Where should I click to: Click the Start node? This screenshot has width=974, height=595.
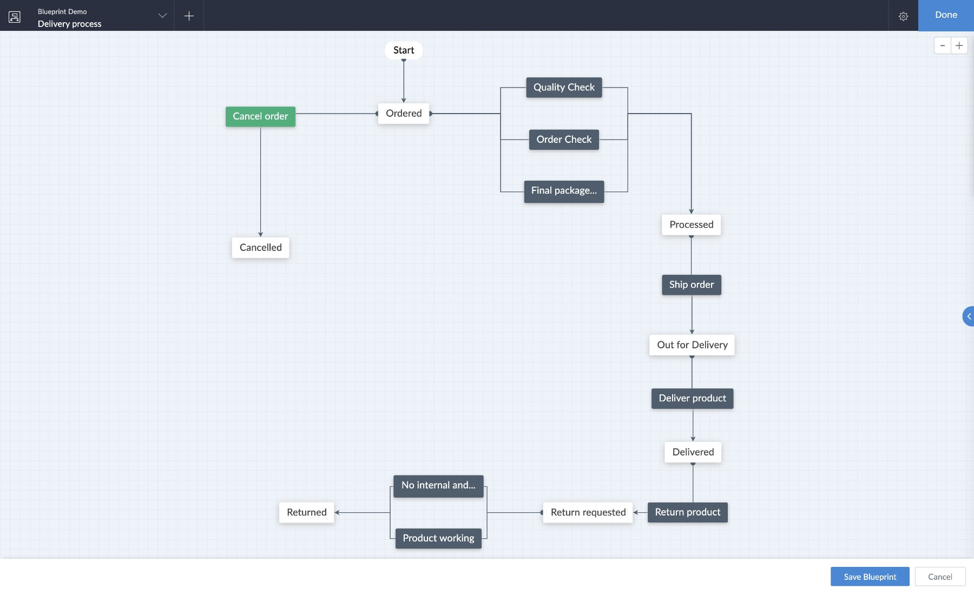click(404, 50)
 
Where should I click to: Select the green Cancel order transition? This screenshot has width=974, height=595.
click(260, 116)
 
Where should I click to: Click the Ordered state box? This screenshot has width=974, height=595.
click(404, 114)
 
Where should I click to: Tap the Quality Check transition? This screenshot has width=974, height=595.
click(564, 88)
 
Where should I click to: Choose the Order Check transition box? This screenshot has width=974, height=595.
click(564, 140)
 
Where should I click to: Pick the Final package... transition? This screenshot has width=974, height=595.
click(564, 191)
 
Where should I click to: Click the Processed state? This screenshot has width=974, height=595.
click(691, 225)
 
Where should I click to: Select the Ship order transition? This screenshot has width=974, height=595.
click(691, 285)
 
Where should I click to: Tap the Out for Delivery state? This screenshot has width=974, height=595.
click(692, 345)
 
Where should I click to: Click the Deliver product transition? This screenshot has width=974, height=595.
click(692, 399)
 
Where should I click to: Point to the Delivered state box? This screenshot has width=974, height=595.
click(693, 452)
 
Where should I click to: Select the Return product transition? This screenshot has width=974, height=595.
click(687, 512)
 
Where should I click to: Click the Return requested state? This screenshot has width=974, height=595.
click(588, 512)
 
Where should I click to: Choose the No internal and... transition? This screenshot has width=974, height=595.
click(438, 486)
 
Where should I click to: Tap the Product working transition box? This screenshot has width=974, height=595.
click(438, 539)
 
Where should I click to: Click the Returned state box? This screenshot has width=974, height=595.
click(306, 512)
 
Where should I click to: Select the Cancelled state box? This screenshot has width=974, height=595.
click(260, 248)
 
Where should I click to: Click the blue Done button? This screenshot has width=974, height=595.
click(946, 15)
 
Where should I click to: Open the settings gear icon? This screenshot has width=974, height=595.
click(903, 16)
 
